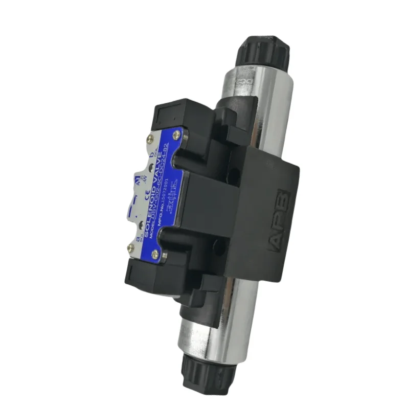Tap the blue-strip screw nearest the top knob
point(176,135)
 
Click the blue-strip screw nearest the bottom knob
point(155,253)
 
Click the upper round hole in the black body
point(233,176)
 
